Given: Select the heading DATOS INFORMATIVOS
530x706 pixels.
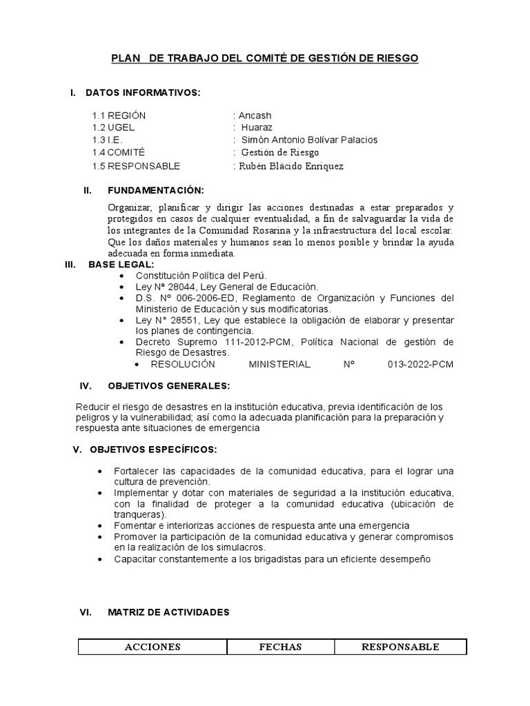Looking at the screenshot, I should pyautogui.click(x=142, y=92).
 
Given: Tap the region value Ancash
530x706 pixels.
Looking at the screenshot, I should pyautogui.click(x=254, y=115).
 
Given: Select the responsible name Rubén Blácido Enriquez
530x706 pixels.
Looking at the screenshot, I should pyautogui.click(x=291, y=165).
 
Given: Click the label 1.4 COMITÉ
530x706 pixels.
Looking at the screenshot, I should pyautogui.click(x=119, y=152).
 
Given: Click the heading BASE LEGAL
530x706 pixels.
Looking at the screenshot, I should pyautogui.click(x=121, y=265).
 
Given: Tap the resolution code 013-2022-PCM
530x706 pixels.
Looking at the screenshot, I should pyautogui.click(x=421, y=364).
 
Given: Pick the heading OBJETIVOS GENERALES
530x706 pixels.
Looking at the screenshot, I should pyautogui.click(x=168, y=385).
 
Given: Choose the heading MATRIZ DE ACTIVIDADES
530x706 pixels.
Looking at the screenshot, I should pyautogui.click(x=168, y=612).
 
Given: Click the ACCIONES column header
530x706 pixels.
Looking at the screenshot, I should pyautogui.click(x=153, y=647).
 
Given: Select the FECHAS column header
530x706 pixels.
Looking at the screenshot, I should pyautogui.click(x=281, y=647).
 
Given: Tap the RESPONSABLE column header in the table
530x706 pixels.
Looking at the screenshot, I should pyautogui.click(x=400, y=647).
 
